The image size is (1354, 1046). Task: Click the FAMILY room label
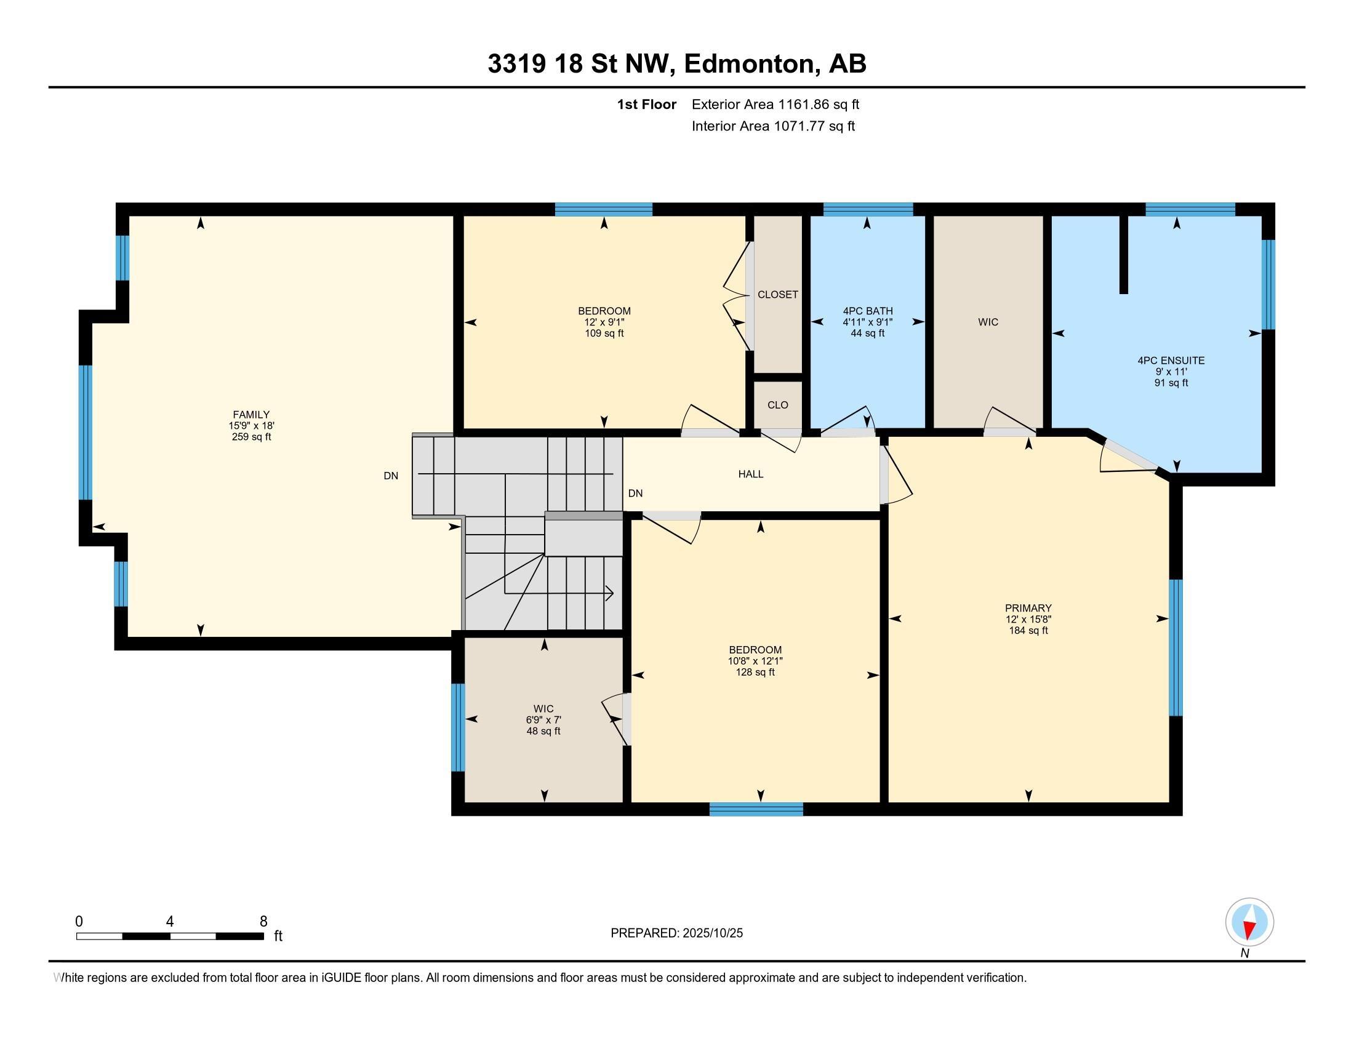[251, 415]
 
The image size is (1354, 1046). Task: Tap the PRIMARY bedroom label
[1028, 608]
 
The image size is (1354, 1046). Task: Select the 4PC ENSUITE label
[1171, 360]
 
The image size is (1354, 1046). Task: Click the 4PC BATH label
[867, 311]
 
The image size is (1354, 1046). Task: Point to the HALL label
[750, 474]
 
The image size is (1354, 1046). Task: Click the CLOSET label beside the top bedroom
[777, 295]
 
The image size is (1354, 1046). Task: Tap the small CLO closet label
[777, 405]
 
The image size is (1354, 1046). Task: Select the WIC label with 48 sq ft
[543, 709]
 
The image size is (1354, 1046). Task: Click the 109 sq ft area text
[604, 333]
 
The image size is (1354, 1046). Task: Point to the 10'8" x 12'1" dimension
[755, 661]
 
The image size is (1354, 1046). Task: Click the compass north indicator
[1249, 922]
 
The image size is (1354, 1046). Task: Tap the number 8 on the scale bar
[263, 922]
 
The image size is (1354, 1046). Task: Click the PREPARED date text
[676, 933]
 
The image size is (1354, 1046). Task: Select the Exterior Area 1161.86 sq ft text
[775, 105]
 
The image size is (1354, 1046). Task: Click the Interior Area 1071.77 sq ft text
[772, 126]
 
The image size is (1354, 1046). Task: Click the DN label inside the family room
[391, 476]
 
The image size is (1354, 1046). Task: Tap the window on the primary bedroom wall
[1176, 647]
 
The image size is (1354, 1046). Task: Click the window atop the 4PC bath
[867, 209]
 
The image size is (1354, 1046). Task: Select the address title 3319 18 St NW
[676, 64]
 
